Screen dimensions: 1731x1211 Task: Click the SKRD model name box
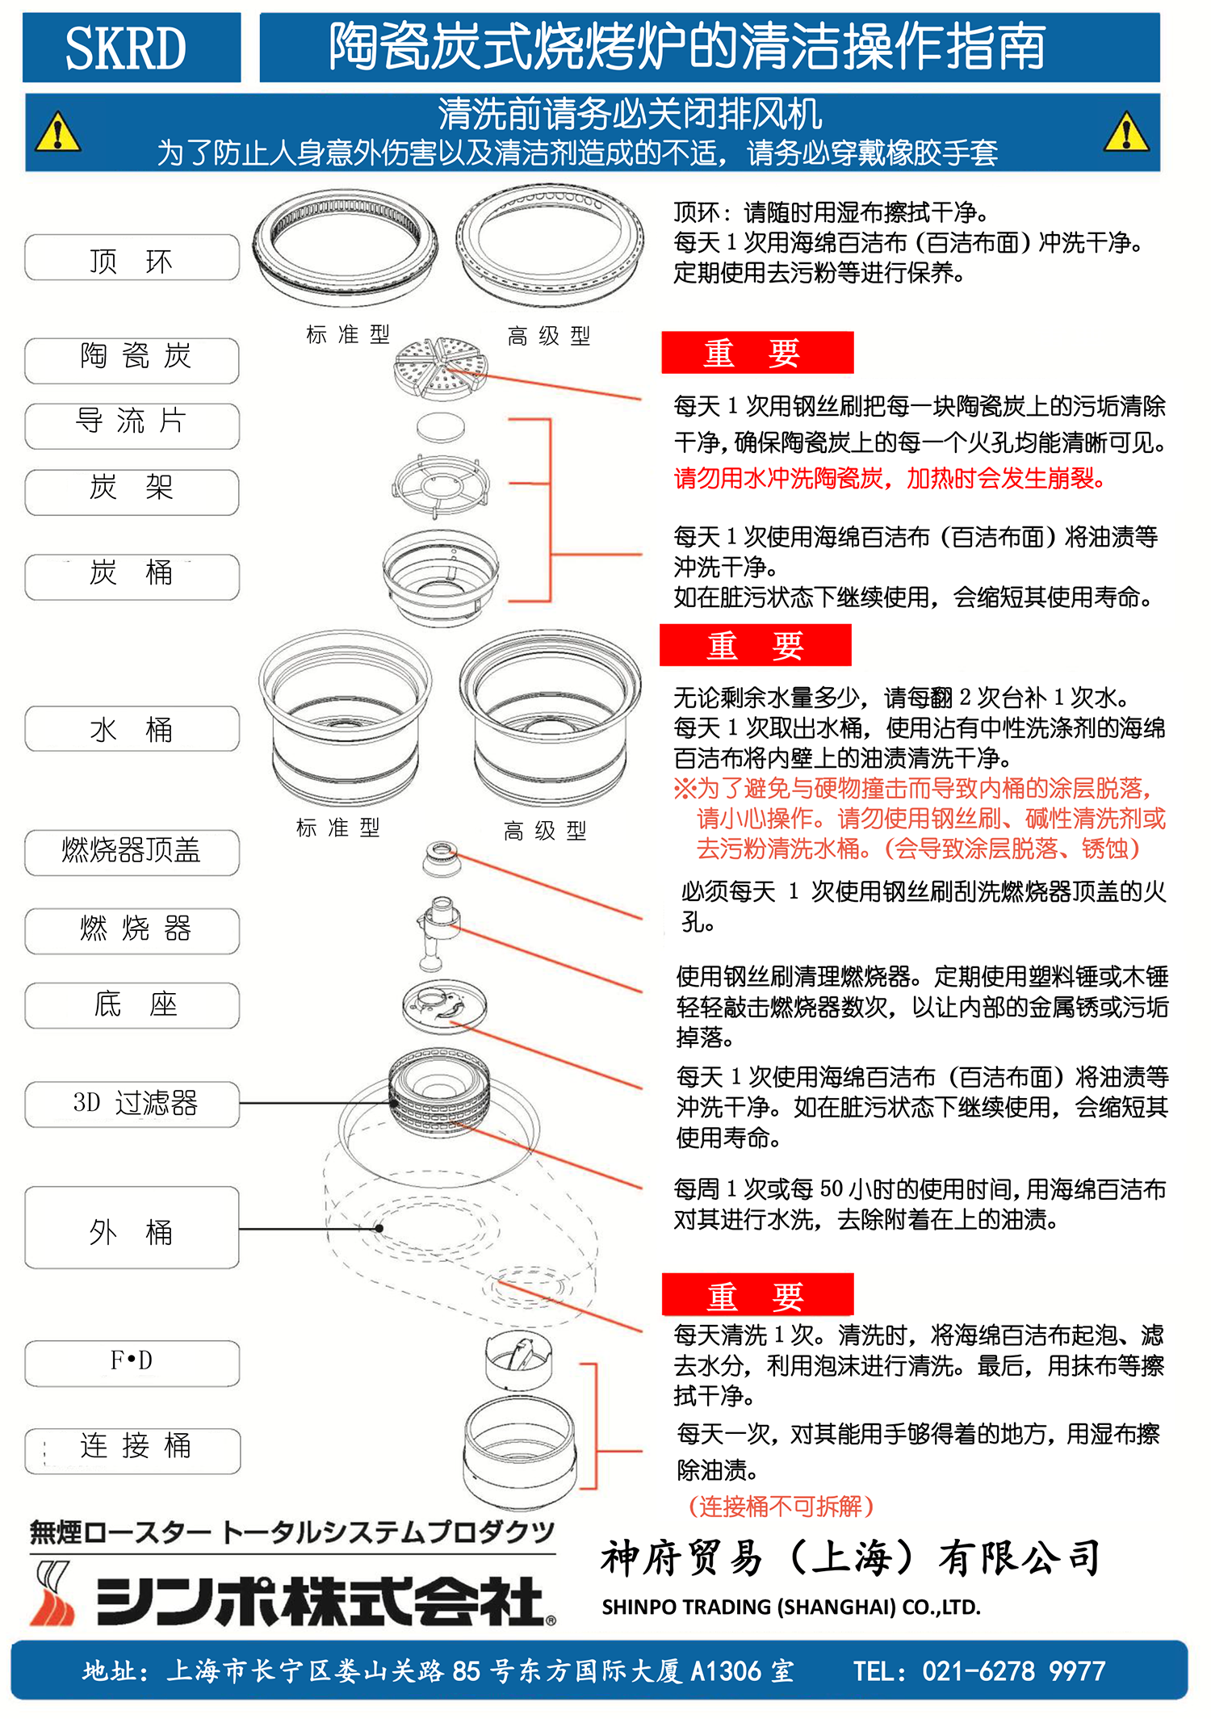pyautogui.click(x=131, y=48)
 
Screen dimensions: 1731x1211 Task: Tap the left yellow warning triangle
pyautogui.click(x=57, y=133)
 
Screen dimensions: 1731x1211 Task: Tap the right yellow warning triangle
pyautogui.click(x=1126, y=133)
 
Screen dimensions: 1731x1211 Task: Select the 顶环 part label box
pyautogui.click(x=132, y=258)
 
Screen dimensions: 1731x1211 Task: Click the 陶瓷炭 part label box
pyautogui.click(x=132, y=360)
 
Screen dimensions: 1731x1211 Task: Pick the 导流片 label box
pyautogui.click(x=132, y=425)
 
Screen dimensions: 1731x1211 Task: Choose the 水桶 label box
pyautogui.click(x=132, y=729)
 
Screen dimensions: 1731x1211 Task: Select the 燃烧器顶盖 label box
pyautogui.click(x=132, y=852)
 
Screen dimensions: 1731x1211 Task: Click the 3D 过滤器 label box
pyautogui.click(x=132, y=1104)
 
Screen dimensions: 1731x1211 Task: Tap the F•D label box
pyautogui.click(x=132, y=1363)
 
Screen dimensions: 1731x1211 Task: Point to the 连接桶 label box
pyautogui.click(x=132, y=1450)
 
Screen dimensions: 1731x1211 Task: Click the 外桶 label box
pyautogui.click(x=132, y=1227)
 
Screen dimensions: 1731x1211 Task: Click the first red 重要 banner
pyautogui.click(x=756, y=353)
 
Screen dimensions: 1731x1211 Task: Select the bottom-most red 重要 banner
pyautogui.click(x=756, y=1294)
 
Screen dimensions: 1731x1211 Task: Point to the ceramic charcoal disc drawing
pyautogui.click(x=440, y=369)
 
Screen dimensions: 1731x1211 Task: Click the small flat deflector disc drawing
pyautogui.click(x=441, y=427)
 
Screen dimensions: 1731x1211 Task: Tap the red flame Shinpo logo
pyautogui.click(x=52, y=1595)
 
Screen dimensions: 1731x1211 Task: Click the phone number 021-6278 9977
pyautogui.click(x=1013, y=1670)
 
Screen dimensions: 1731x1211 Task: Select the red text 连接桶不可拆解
pyautogui.click(x=781, y=1506)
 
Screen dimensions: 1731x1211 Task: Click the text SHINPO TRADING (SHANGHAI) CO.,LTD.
pyautogui.click(x=791, y=1607)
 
